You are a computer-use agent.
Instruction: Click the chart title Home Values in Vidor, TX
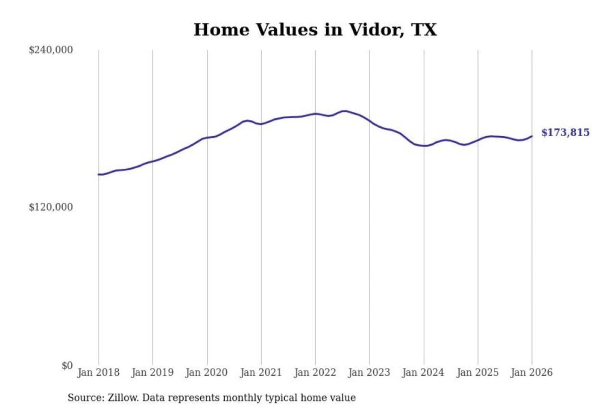(x=315, y=30)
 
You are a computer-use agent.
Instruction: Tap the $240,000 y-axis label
(x=51, y=50)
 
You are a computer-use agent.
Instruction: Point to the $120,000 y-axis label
(x=51, y=207)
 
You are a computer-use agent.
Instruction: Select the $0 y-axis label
(x=67, y=366)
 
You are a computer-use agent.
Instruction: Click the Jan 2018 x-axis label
(x=98, y=372)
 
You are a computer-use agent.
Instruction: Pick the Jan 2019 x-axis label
(x=152, y=372)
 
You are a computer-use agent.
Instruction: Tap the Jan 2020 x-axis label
(x=207, y=372)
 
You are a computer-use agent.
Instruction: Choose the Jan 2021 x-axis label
(x=261, y=372)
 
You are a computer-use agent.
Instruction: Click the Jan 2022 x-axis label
(x=315, y=372)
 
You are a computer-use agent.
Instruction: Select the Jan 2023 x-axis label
(x=369, y=372)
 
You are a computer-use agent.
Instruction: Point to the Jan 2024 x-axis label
(x=423, y=372)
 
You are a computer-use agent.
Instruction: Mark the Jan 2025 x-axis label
(x=477, y=372)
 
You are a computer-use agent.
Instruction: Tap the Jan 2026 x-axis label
(x=532, y=372)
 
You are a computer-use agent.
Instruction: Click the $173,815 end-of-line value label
(x=565, y=132)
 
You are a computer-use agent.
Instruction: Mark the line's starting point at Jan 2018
(x=99, y=174)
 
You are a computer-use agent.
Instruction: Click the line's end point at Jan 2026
(x=532, y=136)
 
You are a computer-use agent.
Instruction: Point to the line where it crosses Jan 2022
(x=316, y=114)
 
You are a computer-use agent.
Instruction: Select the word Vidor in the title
(x=375, y=30)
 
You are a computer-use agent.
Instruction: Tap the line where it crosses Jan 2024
(x=424, y=146)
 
